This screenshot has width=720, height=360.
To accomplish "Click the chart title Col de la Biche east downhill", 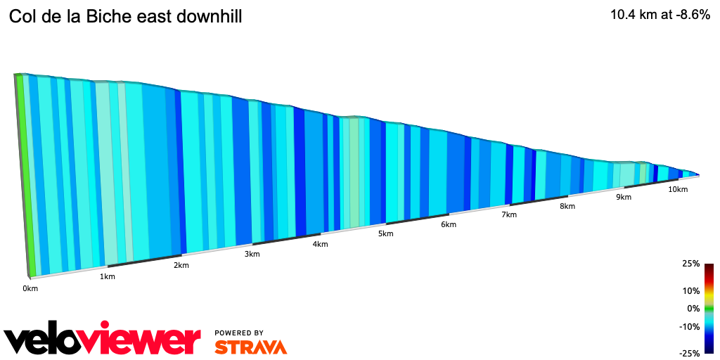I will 125,17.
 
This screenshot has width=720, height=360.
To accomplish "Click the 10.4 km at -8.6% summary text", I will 661,15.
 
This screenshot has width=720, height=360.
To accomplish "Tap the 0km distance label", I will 30,288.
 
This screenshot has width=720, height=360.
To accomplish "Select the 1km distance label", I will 108,276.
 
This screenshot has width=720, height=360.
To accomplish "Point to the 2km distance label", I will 181,265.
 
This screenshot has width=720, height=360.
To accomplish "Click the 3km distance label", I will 252,254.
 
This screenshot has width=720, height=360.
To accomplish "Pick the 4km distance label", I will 320,244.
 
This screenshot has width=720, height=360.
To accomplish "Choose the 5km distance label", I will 385,233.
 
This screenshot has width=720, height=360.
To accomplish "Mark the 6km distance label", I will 449,224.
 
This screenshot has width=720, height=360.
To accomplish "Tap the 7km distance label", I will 509,214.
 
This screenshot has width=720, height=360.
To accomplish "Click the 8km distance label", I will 567,206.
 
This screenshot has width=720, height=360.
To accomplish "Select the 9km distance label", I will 624,198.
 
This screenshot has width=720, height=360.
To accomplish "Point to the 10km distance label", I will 678,190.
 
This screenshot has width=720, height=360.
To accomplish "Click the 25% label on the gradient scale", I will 691,264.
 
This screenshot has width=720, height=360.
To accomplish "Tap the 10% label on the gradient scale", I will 691,290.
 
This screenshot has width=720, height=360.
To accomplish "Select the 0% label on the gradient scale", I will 693,308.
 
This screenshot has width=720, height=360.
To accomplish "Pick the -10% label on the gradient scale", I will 690,326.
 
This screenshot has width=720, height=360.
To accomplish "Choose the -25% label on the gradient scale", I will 690,353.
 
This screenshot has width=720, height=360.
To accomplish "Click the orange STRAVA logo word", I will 250,347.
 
